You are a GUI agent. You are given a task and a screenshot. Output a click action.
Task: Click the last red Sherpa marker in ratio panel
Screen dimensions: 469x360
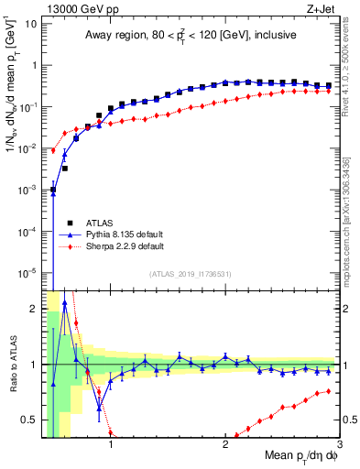click(328, 392)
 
